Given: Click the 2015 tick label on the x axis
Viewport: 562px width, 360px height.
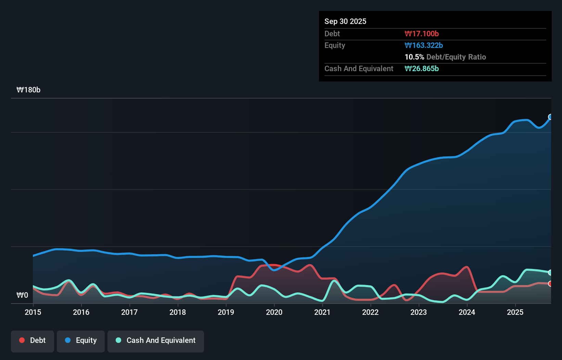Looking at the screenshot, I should [x=33, y=312].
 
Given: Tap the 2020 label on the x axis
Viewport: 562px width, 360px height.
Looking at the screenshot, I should [x=274, y=312].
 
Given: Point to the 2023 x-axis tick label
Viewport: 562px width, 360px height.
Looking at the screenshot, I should [x=419, y=312].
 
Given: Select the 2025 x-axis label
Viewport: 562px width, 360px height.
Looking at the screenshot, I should [x=515, y=312].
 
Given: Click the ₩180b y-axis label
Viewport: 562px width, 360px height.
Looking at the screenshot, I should [x=28, y=90].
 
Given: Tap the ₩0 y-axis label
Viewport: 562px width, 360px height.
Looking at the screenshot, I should [x=22, y=295].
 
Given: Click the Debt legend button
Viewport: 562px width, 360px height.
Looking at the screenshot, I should [x=33, y=340].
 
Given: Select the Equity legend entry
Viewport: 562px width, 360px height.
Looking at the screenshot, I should [x=81, y=340].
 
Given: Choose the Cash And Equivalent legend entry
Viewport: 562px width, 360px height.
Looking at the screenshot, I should [x=156, y=340].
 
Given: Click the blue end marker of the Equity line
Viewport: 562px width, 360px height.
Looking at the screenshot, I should [x=550, y=117].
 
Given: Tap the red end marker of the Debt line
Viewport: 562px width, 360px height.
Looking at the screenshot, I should [x=550, y=284].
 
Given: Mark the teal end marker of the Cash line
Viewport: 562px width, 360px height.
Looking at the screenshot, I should [x=550, y=273].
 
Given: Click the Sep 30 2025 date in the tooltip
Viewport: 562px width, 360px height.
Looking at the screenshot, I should [x=345, y=22].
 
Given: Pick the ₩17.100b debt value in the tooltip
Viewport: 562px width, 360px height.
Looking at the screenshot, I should [x=422, y=34].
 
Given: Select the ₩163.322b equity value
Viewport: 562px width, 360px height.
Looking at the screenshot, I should [x=424, y=46].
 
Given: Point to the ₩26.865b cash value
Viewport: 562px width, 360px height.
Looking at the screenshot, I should [x=422, y=69].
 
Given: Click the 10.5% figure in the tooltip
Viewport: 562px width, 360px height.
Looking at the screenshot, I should [x=414, y=57].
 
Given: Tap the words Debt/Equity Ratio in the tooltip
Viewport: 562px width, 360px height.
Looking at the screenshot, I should [x=456, y=57].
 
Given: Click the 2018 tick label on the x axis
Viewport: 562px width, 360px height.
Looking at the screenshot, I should [x=178, y=312].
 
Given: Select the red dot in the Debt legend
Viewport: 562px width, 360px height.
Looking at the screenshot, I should [x=22, y=340].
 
